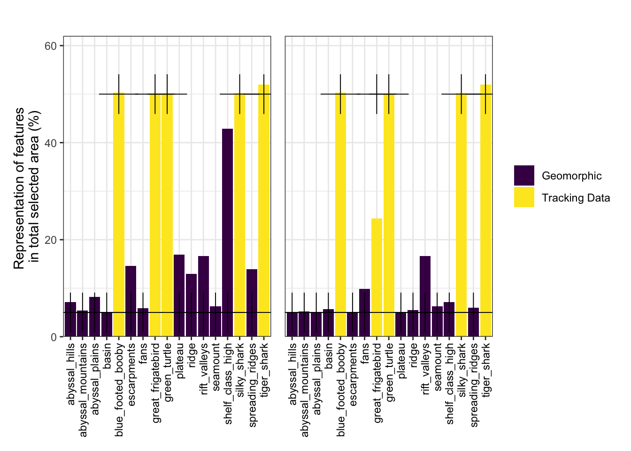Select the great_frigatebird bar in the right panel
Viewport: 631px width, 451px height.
tap(377, 277)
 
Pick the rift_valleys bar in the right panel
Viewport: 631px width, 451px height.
tap(425, 296)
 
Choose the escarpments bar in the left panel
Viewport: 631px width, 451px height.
tap(131, 301)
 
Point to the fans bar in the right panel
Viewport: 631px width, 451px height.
tap(364, 312)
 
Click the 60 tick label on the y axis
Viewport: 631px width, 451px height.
tap(51, 46)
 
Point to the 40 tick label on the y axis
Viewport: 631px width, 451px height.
tap(51, 143)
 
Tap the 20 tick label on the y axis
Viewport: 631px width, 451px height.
tap(51, 240)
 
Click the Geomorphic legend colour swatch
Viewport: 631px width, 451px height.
tap(524, 176)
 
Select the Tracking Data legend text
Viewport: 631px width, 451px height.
tap(576, 198)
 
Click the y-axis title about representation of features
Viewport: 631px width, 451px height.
tap(26, 188)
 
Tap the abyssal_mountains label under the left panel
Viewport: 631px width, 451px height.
tap(83, 389)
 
